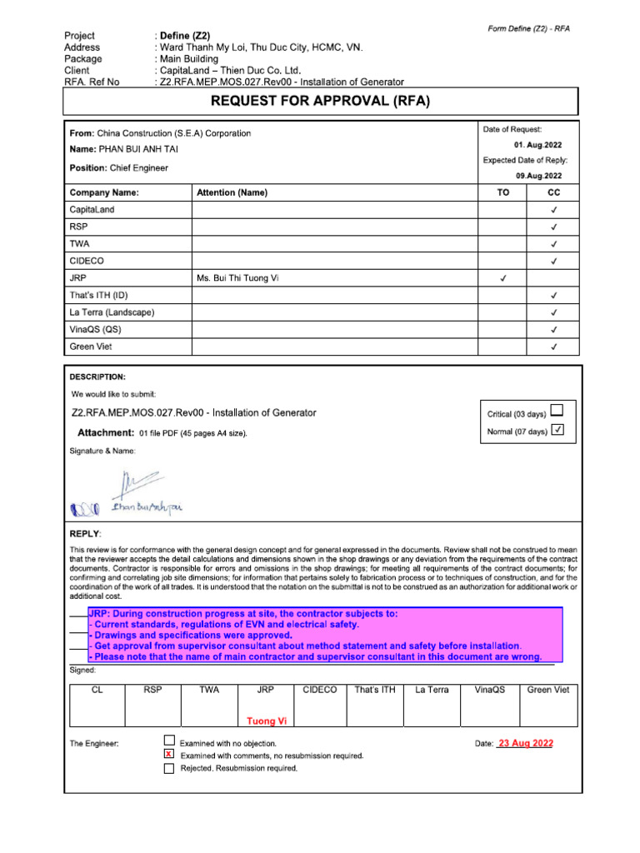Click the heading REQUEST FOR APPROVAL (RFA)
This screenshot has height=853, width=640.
321,102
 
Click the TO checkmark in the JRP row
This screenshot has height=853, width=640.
502,278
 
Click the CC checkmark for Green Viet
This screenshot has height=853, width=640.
553,347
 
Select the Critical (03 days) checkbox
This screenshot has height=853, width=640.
557,410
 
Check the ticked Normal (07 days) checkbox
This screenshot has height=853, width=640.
557,430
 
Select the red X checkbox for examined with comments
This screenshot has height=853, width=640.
169,754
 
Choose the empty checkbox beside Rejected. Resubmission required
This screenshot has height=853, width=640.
169,768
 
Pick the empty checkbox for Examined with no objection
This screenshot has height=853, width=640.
169,741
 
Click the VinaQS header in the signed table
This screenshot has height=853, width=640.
490,690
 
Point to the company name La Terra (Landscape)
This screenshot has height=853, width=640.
112,312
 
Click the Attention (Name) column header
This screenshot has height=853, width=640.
232,192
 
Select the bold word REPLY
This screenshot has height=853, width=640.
85,532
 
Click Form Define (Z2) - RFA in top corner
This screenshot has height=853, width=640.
528,29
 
